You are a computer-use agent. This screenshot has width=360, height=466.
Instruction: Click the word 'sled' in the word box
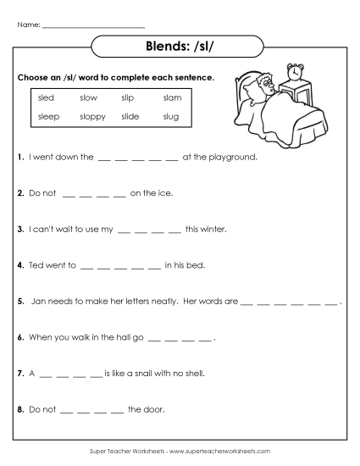coord(46,98)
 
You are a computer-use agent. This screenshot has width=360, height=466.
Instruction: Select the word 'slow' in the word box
coord(88,98)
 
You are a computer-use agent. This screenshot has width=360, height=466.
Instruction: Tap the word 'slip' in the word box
coord(128,98)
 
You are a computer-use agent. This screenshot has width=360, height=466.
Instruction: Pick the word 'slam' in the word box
coord(172,98)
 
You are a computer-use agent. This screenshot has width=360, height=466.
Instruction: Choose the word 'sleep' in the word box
coord(48,116)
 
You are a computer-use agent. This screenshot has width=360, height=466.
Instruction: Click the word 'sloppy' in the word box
coord(92,116)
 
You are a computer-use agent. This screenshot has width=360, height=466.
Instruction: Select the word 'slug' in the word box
coord(171,116)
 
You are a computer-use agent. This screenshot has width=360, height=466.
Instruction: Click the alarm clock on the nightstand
coord(296,73)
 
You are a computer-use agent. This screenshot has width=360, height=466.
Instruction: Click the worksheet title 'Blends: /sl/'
coord(180,46)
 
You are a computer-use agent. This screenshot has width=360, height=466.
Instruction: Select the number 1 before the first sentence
coord(19,157)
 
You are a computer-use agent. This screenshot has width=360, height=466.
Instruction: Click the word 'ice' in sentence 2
coord(164,192)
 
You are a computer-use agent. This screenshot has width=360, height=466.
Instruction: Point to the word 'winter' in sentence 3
coord(212,229)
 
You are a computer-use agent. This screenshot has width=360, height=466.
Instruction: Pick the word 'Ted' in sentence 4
coord(36,264)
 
